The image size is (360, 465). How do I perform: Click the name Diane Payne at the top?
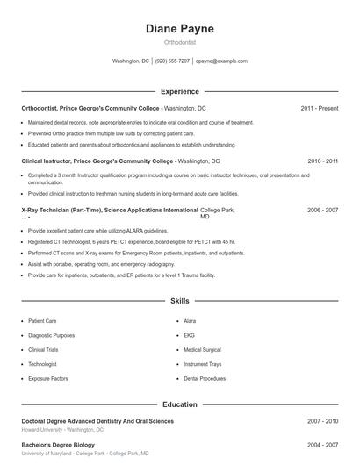(x=179, y=29)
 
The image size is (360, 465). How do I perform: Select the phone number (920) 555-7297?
(x=173, y=61)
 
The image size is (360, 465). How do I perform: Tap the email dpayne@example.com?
(x=221, y=61)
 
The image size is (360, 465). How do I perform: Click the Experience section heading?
(x=179, y=91)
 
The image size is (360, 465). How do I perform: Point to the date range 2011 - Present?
(x=319, y=108)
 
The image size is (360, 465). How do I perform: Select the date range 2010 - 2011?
(x=322, y=161)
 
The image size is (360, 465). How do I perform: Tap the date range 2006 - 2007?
(x=322, y=211)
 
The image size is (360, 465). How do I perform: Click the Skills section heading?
(x=179, y=301)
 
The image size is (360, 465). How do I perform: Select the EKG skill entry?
(x=189, y=335)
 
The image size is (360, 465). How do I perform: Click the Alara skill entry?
(x=191, y=321)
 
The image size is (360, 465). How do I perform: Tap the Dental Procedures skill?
(x=205, y=378)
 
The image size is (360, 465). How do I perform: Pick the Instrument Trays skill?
(x=203, y=364)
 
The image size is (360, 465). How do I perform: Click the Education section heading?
(x=179, y=404)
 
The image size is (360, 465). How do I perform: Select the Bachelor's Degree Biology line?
(x=60, y=445)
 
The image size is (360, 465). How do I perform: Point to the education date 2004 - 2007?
(x=322, y=445)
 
